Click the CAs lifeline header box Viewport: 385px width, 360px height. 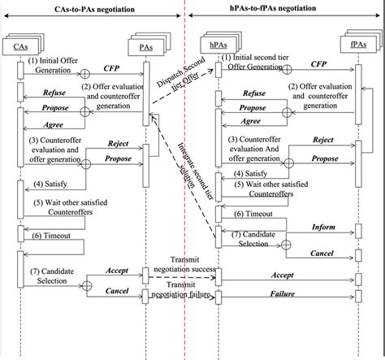(22, 46)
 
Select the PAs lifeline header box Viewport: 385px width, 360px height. (147, 46)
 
